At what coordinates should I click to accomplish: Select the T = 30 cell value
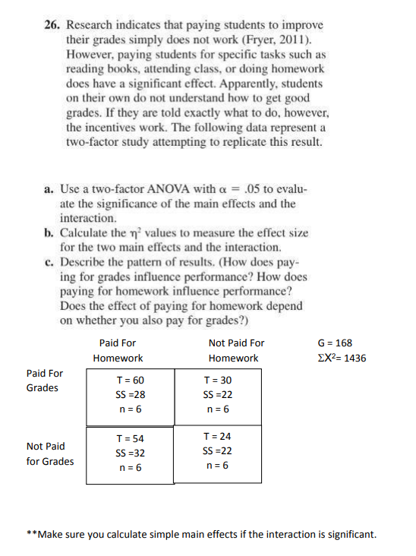coord(218,380)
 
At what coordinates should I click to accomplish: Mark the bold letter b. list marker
coord(49,233)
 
